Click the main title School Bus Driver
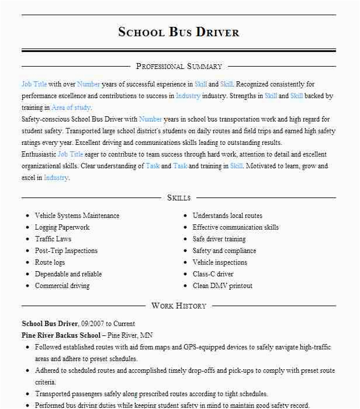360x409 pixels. coord(179,32)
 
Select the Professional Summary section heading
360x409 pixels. coord(179,67)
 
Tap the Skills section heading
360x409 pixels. coord(179,198)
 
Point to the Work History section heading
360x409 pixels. coord(179,306)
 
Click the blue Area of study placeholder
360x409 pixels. coord(71,108)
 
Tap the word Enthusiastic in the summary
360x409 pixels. coord(39,154)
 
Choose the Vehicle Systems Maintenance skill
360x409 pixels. coord(77,216)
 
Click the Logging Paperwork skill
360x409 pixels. coord(62,227)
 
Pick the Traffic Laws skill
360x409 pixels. coord(53,239)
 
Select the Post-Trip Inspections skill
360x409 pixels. coord(66,251)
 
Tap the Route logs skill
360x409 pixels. coord(50,262)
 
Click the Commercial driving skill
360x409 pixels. coord(62,286)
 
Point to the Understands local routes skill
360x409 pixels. coord(227,216)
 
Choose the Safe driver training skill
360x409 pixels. coord(219,239)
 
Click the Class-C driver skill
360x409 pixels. coord(213,274)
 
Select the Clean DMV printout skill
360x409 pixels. coord(223,286)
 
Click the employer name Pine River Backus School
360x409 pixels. coord(61,335)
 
